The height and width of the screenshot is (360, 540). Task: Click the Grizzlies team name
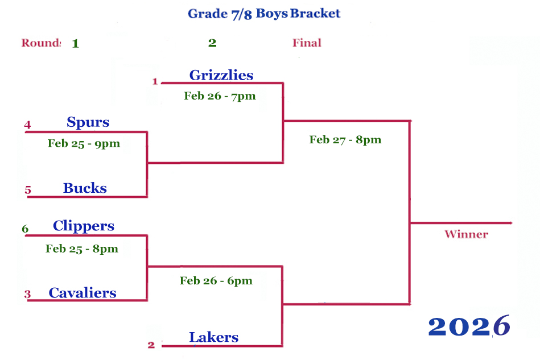pyautogui.click(x=221, y=75)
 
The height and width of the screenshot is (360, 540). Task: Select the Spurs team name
pyautogui.click(x=88, y=122)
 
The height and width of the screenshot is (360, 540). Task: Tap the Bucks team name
pyautogui.click(x=85, y=188)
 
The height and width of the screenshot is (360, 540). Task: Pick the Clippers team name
pyautogui.click(x=84, y=226)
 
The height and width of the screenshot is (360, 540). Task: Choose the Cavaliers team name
pyautogui.click(x=83, y=293)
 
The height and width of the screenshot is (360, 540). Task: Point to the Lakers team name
pyautogui.click(x=213, y=337)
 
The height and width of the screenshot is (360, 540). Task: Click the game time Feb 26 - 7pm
pyautogui.click(x=220, y=96)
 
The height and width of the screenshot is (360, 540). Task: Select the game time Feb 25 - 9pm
pyautogui.click(x=84, y=143)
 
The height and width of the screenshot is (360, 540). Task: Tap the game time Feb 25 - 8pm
pyautogui.click(x=82, y=249)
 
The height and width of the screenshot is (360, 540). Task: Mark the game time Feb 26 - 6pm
pyautogui.click(x=216, y=280)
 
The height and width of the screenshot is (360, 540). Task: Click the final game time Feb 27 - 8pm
pyautogui.click(x=345, y=140)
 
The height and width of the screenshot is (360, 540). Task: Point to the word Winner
pyautogui.click(x=466, y=234)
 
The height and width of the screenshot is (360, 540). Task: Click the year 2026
pyautogui.click(x=469, y=326)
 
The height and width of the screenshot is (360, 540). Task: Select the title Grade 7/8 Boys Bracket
pyautogui.click(x=264, y=14)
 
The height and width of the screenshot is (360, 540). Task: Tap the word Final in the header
pyautogui.click(x=307, y=43)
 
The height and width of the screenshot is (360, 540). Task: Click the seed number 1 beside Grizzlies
pyautogui.click(x=155, y=81)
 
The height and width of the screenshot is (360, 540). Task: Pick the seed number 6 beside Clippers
pyautogui.click(x=25, y=229)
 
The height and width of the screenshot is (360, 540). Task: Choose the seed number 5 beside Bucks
pyautogui.click(x=28, y=191)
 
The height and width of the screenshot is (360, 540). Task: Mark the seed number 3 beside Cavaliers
pyautogui.click(x=27, y=295)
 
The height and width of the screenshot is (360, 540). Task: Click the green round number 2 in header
pyautogui.click(x=212, y=43)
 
